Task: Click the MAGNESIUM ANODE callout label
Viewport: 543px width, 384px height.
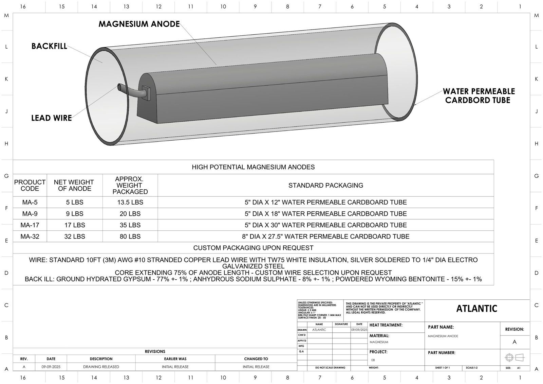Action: [139, 24]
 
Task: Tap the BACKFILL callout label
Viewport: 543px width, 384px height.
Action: [49, 46]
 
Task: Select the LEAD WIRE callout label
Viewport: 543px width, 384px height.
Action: [52, 118]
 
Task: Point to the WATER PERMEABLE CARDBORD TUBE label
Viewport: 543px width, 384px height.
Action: [479, 96]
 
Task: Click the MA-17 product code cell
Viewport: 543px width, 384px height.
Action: [30, 225]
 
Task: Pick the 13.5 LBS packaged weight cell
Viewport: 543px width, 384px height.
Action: [130, 202]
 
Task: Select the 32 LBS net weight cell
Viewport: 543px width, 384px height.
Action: [75, 237]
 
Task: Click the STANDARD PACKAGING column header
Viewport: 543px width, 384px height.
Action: [325, 186]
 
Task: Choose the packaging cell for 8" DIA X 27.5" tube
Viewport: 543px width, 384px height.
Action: [325, 237]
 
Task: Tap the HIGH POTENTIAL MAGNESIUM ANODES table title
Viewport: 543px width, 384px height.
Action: [253, 167]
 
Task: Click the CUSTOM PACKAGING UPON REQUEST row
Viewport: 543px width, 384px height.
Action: [253, 248]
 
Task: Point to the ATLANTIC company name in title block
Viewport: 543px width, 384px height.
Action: [477, 309]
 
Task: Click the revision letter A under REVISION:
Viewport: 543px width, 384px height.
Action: [514, 342]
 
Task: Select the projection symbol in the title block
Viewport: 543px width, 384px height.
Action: [514, 357]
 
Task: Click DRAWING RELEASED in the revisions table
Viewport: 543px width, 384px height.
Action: [101, 367]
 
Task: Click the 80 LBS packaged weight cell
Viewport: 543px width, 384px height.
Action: [130, 237]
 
